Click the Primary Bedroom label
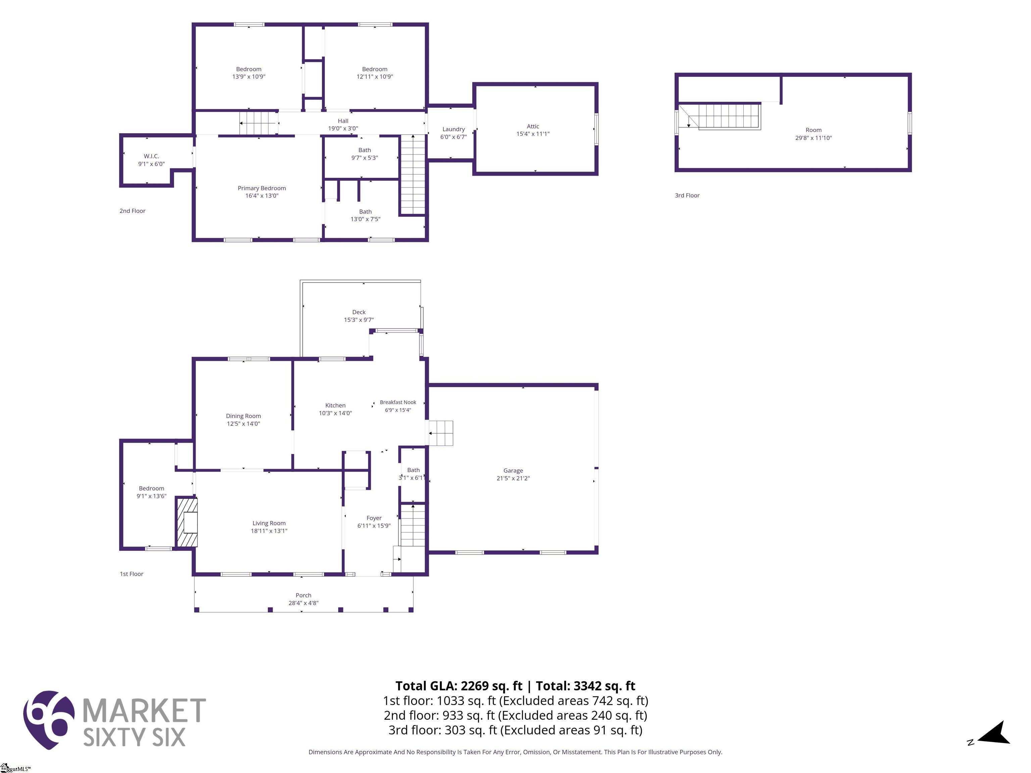pyautogui.click(x=262, y=188)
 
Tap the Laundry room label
pyautogui.click(x=453, y=129)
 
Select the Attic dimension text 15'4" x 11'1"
pyautogui.click(x=533, y=134)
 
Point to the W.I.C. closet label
pyautogui.click(x=151, y=156)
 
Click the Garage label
pyautogui.click(x=513, y=471)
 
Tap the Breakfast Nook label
pyautogui.click(x=398, y=402)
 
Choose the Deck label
pyautogui.click(x=359, y=312)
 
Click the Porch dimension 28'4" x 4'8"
pyautogui.click(x=303, y=603)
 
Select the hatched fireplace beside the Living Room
pyautogui.click(x=187, y=522)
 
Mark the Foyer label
pyautogui.click(x=374, y=518)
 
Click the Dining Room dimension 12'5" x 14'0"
pyautogui.click(x=243, y=423)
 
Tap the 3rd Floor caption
pyautogui.click(x=687, y=195)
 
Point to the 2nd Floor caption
pyautogui.click(x=132, y=211)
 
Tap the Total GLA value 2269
pyautogui.click(x=475, y=686)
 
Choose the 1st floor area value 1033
pyautogui.click(x=451, y=701)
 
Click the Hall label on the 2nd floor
pyautogui.click(x=343, y=121)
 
